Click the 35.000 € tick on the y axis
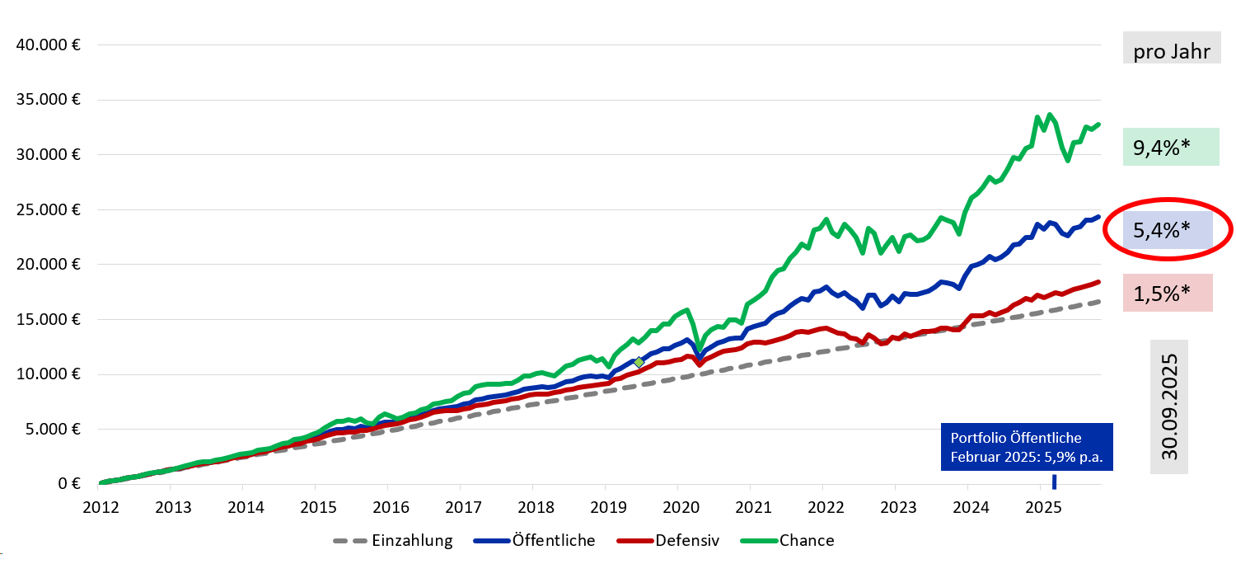(48, 100)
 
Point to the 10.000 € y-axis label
(48, 374)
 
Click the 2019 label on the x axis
(605, 505)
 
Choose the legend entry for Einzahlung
(393, 541)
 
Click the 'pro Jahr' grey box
(1171, 51)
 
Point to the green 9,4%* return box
(1171, 148)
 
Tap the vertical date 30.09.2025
(1169, 407)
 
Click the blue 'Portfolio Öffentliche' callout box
(1027, 447)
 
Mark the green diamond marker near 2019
(639, 362)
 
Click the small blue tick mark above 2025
(1053, 482)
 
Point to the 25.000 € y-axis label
(48, 209)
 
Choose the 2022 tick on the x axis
(822, 505)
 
